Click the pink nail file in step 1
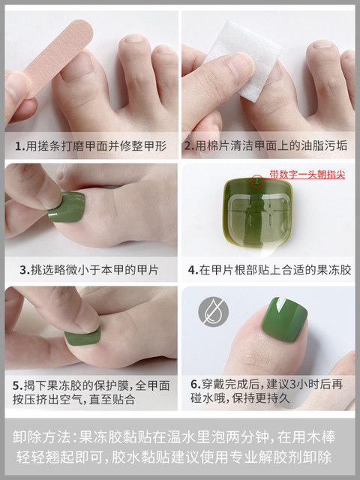(59, 55)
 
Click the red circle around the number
(257, 181)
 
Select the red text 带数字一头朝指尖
(307, 175)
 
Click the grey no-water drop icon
(213, 312)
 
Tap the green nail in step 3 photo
(67, 207)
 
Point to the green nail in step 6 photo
(284, 319)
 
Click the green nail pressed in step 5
(82, 338)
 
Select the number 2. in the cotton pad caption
(189, 145)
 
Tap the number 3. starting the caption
(25, 270)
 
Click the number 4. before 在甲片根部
(193, 270)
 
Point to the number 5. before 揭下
(18, 385)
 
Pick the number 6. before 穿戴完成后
(196, 384)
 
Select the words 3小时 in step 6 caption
(301, 384)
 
